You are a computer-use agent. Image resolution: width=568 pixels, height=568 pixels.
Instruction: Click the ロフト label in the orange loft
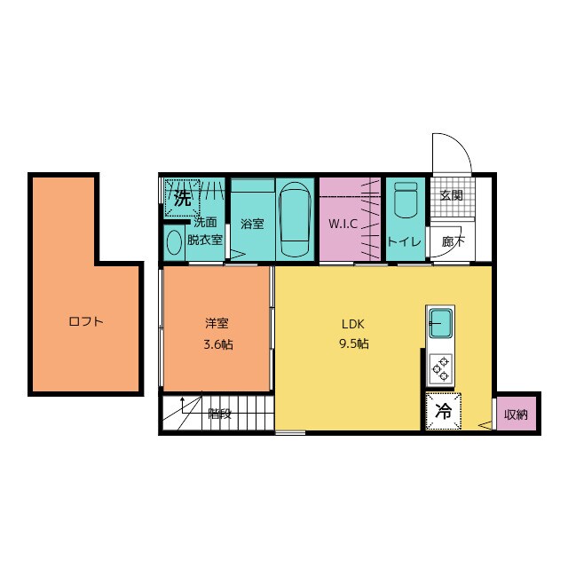click(86, 322)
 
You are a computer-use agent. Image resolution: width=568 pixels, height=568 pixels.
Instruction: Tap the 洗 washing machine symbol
click(183, 198)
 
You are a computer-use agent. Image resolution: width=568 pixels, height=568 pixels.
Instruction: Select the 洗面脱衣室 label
click(205, 231)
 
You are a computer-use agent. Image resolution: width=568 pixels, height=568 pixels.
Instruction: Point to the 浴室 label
click(252, 224)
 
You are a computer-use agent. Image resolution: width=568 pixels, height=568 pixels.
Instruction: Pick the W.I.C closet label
click(343, 224)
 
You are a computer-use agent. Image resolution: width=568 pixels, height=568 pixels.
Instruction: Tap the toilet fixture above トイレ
click(405, 201)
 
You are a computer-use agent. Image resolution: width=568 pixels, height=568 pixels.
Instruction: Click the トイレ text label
click(404, 241)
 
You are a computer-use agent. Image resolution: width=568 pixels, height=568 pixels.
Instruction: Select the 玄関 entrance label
click(451, 196)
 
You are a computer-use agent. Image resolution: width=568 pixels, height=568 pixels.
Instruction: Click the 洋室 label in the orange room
click(216, 323)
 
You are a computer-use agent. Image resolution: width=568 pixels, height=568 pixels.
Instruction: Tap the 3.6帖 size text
click(216, 344)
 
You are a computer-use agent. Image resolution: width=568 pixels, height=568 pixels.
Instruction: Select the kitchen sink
click(440, 323)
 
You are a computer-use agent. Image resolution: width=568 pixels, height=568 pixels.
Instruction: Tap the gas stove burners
click(440, 367)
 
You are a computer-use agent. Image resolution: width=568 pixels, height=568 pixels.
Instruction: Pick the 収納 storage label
click(516, 414)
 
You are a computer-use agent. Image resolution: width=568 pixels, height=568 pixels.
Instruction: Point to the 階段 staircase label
click(219, 413)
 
